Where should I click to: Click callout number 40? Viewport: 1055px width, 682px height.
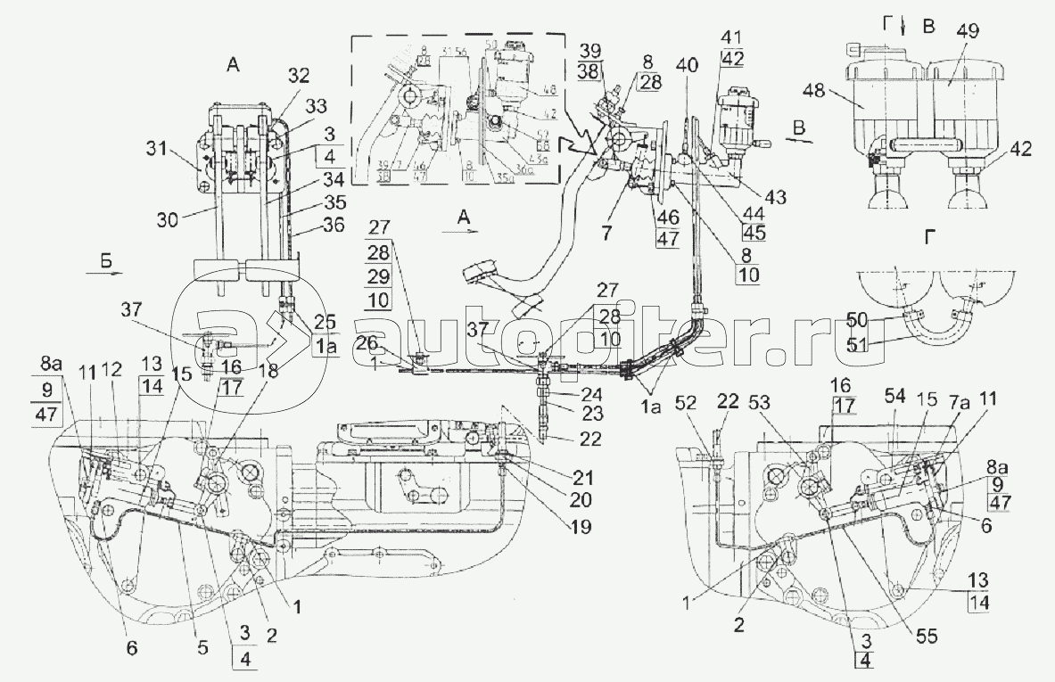[688, 66]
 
